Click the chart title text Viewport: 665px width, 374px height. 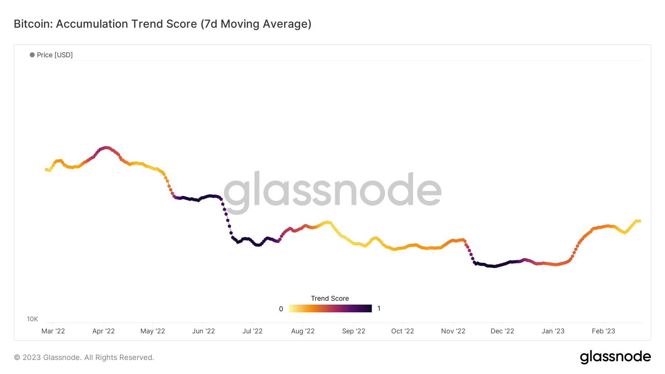tap(163, 24)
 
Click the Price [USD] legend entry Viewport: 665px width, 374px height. tap(51, 55)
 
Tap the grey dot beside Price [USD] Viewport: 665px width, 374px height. tap(32, 55)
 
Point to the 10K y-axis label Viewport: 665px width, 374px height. tap(33, 319)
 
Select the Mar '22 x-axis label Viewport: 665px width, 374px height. tap(53, 331)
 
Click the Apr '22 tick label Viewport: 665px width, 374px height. tap(103, 331)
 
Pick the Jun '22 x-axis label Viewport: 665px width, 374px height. tap(204, 331)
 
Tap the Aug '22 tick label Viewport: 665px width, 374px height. tap(303, 331)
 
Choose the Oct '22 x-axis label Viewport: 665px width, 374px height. tap(403, 331)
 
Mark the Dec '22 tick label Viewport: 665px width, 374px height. tap(502, 331)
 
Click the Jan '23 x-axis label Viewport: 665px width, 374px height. tap(553, 331)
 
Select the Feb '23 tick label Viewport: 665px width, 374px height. tap(603, 331)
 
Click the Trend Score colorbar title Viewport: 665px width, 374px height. tap(330, 298)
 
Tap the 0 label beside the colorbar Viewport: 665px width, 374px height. tap(281, 309)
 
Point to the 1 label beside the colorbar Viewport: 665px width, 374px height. tap(379, 308)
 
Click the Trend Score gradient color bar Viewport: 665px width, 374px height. tap(330, 308)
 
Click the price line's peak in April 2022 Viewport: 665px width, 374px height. tap(106, 148)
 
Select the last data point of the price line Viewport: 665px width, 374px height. tap(639, 221)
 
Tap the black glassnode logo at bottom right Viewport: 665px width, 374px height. tap(615, 357)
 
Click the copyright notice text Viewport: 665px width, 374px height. tap(84, 357)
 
